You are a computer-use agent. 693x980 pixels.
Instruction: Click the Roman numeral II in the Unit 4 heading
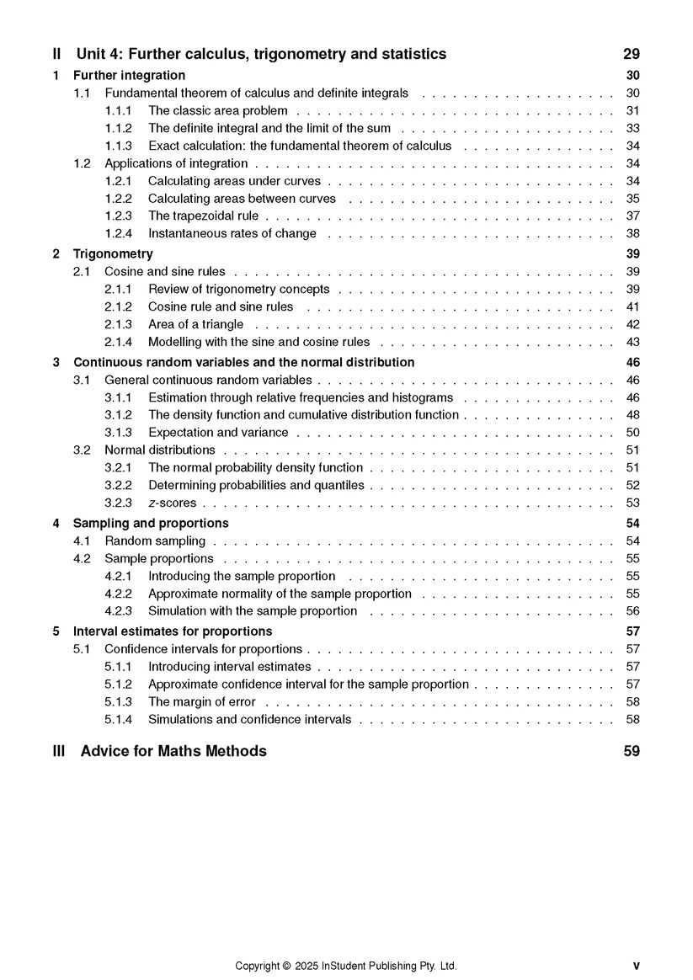point(56,55)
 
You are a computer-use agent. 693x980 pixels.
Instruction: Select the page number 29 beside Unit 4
point(632,55)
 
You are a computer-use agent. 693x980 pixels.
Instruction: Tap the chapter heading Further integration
point(129,76)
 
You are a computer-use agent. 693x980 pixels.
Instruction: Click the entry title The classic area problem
point(217,110)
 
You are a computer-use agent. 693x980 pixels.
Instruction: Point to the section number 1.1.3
point(119,146)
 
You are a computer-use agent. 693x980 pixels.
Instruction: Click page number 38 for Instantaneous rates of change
point(633,233)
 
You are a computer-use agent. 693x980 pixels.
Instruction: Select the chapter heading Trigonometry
point(113,253)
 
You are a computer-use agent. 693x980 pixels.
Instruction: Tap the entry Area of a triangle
point(195,324)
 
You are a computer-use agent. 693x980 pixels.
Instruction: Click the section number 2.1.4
point(119,342)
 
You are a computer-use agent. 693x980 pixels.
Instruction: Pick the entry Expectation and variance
point(218,433)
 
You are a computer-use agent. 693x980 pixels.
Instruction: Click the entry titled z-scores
point(172,503)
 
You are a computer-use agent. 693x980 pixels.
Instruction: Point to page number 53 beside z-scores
point(633,503)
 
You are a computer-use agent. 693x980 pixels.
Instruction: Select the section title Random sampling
point(155,541)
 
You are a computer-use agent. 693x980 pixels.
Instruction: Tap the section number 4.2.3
point(119,611)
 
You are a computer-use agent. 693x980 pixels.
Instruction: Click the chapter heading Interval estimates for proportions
point(173,631)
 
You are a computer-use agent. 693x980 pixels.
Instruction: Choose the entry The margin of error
point(202,701)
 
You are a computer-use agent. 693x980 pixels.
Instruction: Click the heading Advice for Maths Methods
point(173,751)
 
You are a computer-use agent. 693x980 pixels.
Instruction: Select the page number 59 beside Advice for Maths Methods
point(632,751)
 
